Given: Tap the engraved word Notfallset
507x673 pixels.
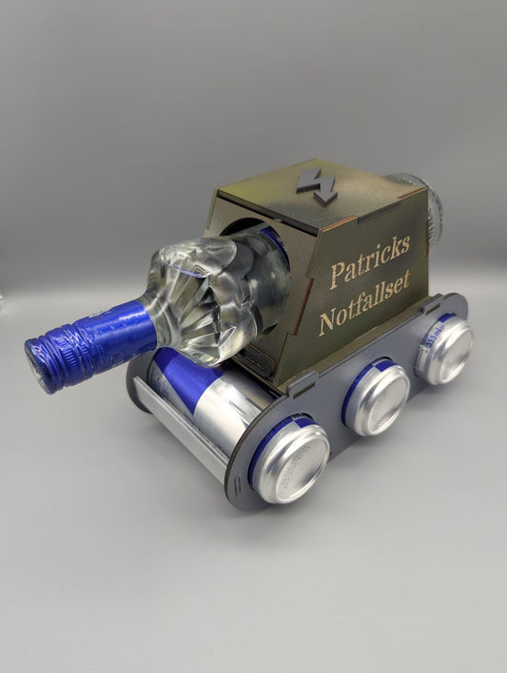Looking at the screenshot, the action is pos(364,302).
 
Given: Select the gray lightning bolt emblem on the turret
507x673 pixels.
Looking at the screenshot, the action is pos(317,186).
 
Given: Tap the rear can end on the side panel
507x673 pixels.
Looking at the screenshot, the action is pos(445,349).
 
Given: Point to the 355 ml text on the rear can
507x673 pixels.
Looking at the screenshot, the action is pos(434,337).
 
